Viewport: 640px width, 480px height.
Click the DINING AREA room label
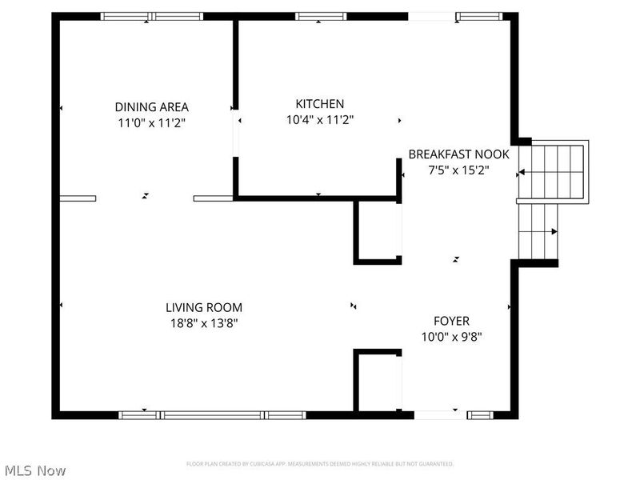[x=152, y=106]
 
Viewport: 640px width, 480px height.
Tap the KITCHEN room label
[x=320, y=103]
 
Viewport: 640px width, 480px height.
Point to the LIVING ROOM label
[x=204, y=307]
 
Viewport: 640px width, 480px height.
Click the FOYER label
[x=451, y=321]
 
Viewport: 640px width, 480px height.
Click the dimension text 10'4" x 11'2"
[x=320, y=119]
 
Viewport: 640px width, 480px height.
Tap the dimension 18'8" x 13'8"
[x=204, y=323]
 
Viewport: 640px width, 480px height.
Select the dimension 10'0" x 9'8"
[x=451, y=337]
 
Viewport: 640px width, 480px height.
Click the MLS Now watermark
[x=34, y=470]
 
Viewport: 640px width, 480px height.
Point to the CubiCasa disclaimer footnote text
[x=320, y=464]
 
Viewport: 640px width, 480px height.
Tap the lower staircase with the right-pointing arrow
[x=538, y=232]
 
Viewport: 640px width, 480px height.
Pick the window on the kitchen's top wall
[x=320, y=16]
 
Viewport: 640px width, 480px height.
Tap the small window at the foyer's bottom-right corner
[x=480, y=414]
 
